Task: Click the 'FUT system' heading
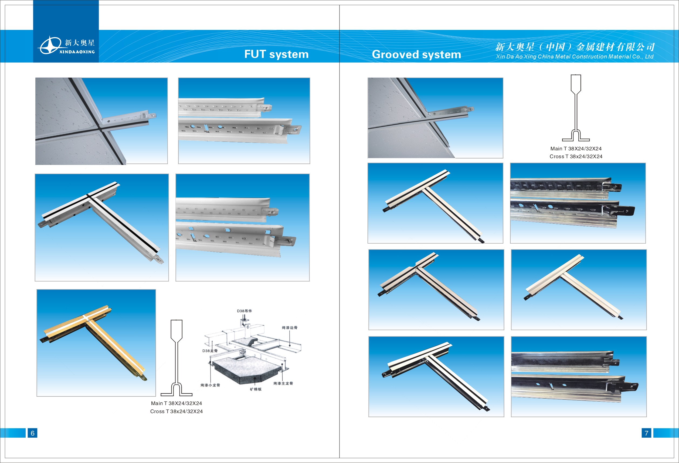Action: coord(276,54)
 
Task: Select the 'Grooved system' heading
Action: coord(416,54)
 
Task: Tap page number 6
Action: coord(32,433)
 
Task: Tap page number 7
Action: coord(646,433)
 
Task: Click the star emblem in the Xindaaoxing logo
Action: coord(50,45)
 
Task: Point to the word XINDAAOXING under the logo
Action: coord(77,52)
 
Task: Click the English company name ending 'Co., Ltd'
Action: coord(574,57)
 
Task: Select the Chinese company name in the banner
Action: coord(574,47)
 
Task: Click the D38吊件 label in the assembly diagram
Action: coord(244,311)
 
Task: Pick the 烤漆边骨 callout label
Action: coord(290,328)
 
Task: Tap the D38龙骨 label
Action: coord(210,351)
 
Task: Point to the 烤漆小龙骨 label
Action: coord(210,385)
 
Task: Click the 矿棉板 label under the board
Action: coord(256,389)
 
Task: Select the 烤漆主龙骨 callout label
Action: coord(283,383)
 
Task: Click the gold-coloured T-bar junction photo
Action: coord(96,343)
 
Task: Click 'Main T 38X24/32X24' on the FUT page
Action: coord(176,403)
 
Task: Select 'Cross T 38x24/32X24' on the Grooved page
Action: coord(576,156)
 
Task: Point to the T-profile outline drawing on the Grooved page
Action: coord(576,108)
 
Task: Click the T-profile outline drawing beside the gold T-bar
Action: coord(176,358)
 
